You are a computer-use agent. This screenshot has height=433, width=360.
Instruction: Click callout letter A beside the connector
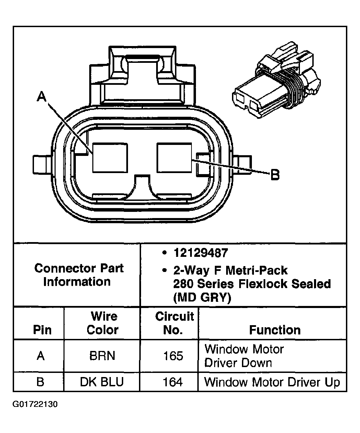coord(42,97)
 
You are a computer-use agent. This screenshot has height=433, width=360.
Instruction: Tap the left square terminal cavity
coord(110,158)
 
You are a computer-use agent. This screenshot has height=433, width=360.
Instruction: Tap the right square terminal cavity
coord(174,158)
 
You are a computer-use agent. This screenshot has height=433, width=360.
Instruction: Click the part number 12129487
coord(200,253)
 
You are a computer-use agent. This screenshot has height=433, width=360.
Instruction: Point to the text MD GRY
coord(202,297)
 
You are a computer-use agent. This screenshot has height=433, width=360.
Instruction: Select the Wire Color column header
coord(103,323)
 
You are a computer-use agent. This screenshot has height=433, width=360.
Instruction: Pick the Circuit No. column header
coord(174,323)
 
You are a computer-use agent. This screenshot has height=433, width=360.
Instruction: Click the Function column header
coord(275,330)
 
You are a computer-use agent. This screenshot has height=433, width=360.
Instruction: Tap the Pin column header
coord(42,330)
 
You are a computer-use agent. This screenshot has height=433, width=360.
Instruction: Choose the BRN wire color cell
coord(102,356)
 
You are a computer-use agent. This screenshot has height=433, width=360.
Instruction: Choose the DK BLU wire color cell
coord(102,382)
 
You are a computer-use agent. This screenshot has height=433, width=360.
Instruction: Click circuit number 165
coord(173,356)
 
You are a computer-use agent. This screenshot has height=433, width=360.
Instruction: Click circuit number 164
coord(173,382)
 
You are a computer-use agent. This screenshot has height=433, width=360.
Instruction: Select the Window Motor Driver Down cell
coord(244,356)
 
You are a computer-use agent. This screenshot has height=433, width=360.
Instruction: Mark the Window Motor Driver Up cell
coord(272,382)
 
